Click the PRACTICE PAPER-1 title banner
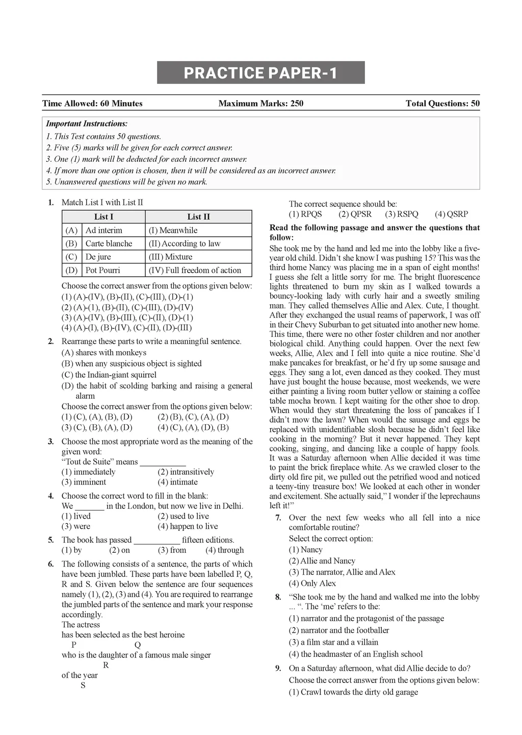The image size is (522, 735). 260,73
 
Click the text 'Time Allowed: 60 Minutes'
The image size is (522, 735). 92,104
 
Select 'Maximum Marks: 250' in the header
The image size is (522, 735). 260,104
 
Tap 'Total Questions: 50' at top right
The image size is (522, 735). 442,104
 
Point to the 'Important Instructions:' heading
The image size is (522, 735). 87,124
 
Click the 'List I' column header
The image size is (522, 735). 103,217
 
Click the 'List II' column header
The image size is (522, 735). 198,217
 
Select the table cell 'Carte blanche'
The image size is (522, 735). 109,243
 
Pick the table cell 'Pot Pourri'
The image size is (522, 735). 102,270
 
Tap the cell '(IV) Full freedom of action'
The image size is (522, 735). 194,270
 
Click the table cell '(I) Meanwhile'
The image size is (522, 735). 173,230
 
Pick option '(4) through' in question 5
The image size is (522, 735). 224,550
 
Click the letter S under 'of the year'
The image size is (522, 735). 83,685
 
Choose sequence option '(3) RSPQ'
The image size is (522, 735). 401,214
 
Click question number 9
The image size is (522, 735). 278,669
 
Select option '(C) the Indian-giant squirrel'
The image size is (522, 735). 109,375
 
